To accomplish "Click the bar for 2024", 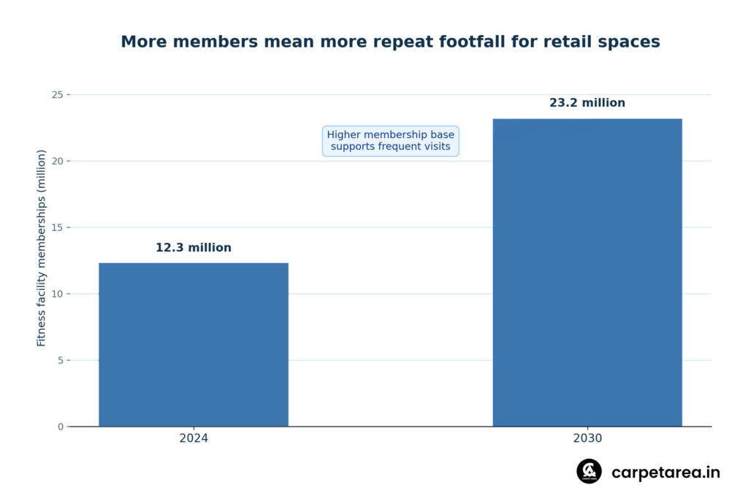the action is coord(193,344).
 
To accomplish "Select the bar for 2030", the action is coord(587,273).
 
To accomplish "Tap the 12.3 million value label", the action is coord(193,248).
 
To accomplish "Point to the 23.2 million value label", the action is coord(587,102).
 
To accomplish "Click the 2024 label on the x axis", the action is coord(193,438).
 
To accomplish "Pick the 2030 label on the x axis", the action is coord(587,438).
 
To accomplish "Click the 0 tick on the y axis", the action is coord(61,427).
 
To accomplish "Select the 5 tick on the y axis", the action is coord(61,360).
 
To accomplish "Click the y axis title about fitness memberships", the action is coord(41,248).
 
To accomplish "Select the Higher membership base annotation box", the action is coord(390,141).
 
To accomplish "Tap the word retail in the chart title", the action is coord(568,42).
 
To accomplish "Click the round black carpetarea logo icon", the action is coord(589,471).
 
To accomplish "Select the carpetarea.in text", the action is coord(665,472).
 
